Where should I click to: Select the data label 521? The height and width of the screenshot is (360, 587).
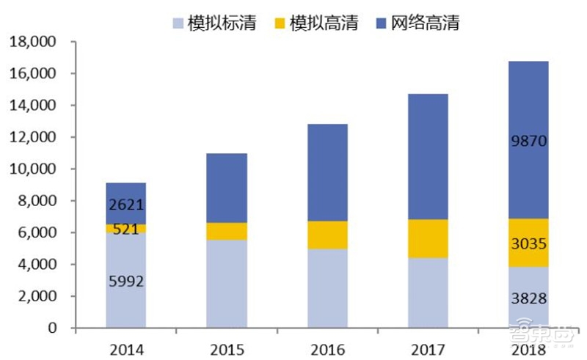pos(125,229)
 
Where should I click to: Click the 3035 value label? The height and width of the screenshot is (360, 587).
pos(528,243)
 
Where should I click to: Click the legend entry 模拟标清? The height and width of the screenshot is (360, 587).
pos(227,23)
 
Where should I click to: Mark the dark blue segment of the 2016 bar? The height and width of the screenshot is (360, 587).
pos(327,172)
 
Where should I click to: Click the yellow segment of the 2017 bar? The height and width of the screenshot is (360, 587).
pos(427,238)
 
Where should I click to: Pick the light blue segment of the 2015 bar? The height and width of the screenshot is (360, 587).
pos(226,284)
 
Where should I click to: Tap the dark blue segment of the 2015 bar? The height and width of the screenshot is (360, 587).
pos(226,188)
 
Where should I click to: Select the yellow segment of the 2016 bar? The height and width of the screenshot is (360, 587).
pos(327,235)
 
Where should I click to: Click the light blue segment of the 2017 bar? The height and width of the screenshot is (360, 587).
pos(427,293)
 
